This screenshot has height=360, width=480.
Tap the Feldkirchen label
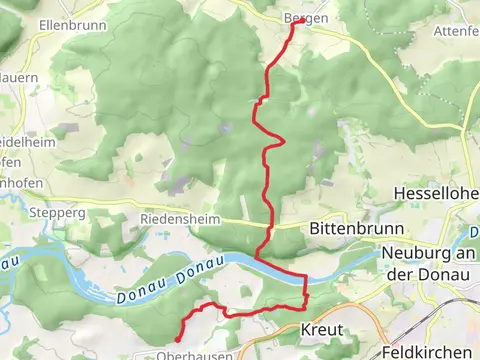(426, 352)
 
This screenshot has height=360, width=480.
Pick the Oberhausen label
(194, 354)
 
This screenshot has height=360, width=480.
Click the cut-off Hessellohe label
(436, 193)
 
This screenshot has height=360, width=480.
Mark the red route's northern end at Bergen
(292, 24)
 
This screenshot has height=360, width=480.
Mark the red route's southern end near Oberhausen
(177, 341)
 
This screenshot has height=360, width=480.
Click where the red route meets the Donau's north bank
(258, 255)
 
